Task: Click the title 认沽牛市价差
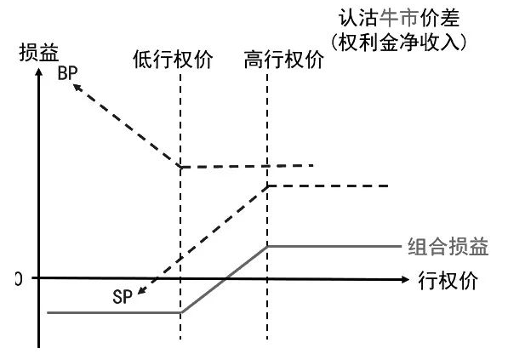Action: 399,18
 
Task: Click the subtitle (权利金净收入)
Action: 399,42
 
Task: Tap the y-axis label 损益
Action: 39,53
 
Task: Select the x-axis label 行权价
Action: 448,280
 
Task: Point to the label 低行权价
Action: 173,60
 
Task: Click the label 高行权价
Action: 284,60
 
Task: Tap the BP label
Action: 68,73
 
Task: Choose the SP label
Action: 123,297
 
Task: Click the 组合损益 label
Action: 448,247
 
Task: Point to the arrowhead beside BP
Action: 77,87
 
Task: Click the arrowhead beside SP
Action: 141,291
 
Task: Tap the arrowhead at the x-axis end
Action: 406,279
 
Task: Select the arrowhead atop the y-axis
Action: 39,72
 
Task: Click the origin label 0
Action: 19,279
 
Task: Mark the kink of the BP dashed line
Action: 180,167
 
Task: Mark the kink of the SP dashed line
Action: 267,186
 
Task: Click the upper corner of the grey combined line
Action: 267,246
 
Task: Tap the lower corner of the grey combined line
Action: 180,312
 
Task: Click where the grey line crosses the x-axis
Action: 225,278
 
